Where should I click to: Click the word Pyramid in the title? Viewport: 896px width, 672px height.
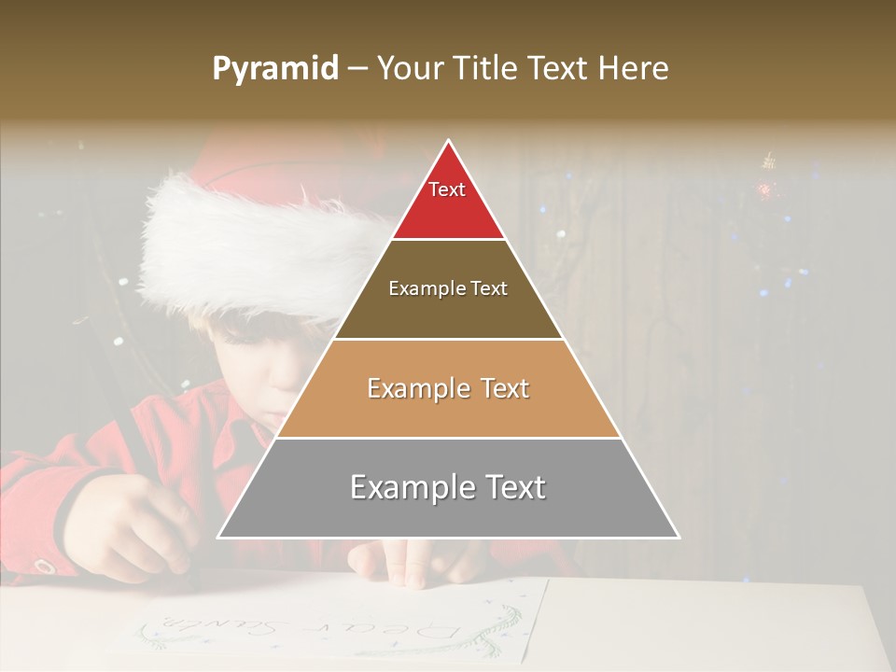[x=274, y=69]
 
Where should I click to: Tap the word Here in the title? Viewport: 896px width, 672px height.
[x=635, y=68]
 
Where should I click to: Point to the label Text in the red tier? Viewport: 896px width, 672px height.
[x=447, y=189]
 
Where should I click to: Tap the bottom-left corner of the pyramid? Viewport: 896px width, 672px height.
[x=218, y=538]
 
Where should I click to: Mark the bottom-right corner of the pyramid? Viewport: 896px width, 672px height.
[x=679, y=538]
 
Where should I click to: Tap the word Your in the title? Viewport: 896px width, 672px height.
[x=411, y=68]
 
